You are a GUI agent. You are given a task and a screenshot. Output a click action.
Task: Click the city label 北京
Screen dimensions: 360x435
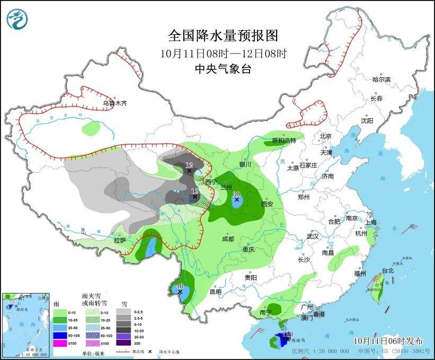click(x=325, y=136)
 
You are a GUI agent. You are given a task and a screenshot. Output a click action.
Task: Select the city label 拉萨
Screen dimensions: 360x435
click(x=120, y=240)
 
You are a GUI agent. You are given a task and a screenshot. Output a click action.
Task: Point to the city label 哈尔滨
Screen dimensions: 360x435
click(x=380, y=80)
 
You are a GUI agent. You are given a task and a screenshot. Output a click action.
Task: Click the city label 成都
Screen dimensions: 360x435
click(x=228, y=239)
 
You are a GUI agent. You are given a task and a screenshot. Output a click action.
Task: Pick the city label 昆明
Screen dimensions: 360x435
click(x=215, y=291)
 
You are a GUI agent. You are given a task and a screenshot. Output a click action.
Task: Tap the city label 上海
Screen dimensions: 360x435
click(x=370, y=222)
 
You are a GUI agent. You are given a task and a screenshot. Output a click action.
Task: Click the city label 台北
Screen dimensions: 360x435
click(x=388, y=270)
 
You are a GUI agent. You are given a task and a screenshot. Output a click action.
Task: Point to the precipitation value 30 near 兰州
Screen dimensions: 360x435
click(x=236, y=194)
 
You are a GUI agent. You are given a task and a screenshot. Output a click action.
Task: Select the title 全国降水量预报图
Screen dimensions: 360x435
click(x=223, y=36)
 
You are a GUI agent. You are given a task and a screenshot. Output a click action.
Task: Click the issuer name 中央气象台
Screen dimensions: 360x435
click(x=223, y=69)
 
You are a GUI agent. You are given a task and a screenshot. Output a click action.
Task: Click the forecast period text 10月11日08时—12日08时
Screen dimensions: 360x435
click(x=223, y=53)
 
